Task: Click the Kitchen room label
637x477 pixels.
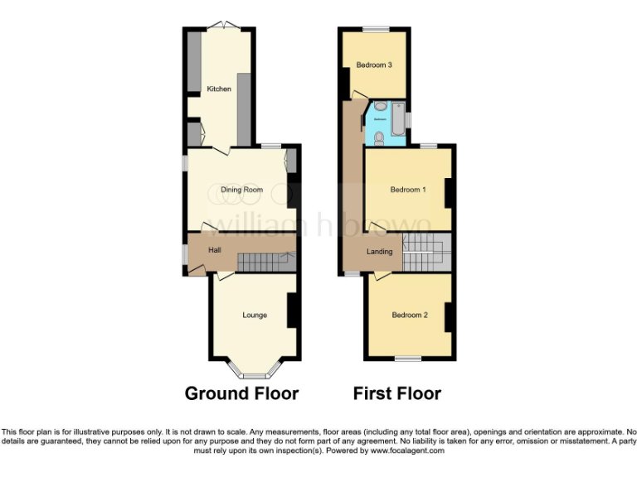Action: [x=219, y=89]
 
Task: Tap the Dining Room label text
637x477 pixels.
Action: [x=241, y=190]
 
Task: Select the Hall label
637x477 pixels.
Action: [x=214, y=249]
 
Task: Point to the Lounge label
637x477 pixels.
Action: [x=254, y=315]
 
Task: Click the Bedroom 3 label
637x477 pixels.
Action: [x=373, y=65]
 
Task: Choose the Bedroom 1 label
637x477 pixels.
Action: [x=407, y=190]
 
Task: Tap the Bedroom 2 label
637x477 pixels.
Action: [x=409, y=315]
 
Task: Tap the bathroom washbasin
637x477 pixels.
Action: [x=378, y=107]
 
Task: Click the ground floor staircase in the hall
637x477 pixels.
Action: [x=264, y=262]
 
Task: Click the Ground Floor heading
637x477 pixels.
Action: [x=241, y=393]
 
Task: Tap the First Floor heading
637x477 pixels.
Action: [x=396, y=393]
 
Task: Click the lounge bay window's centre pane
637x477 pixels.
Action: [x=254, y=375]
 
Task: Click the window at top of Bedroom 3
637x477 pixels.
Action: [x=371, y=30]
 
